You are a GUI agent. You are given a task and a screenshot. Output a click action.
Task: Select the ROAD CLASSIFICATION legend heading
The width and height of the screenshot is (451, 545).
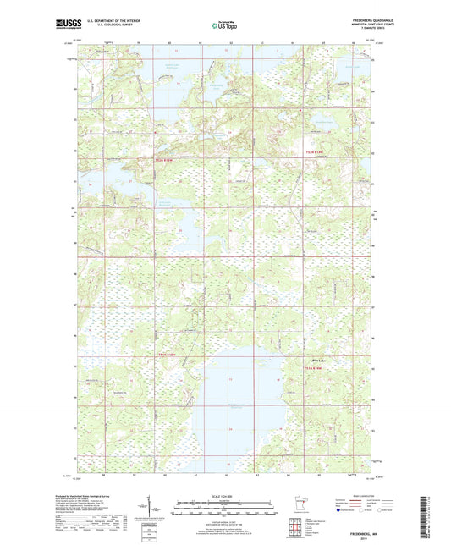[361, 495]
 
